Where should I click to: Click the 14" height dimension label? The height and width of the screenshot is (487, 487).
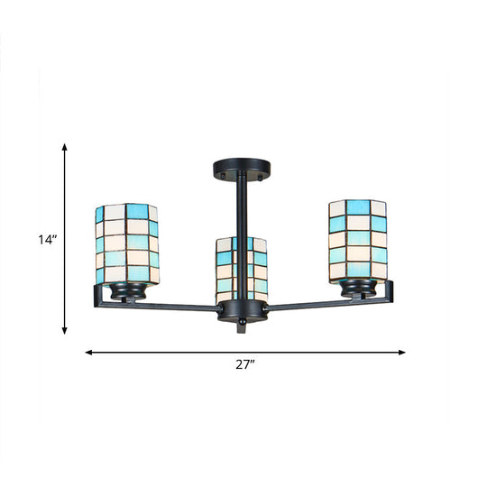46,240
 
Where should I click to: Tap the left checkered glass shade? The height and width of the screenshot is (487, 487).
127,243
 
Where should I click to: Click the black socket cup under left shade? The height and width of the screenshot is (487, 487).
127,292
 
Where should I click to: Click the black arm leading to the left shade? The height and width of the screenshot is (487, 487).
171,306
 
